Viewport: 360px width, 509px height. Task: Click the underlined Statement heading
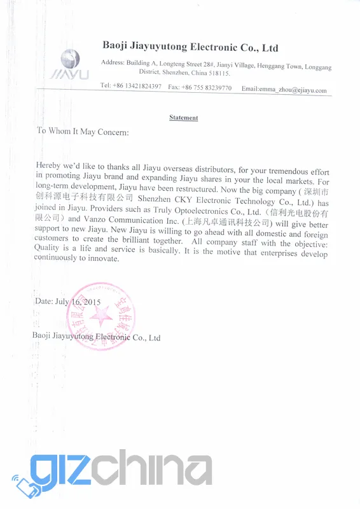point(184,118)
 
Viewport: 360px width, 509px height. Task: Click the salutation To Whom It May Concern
point(83,132)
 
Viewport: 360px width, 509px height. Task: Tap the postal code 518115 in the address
point(219,73)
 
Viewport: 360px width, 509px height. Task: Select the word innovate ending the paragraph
point(103,258)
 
